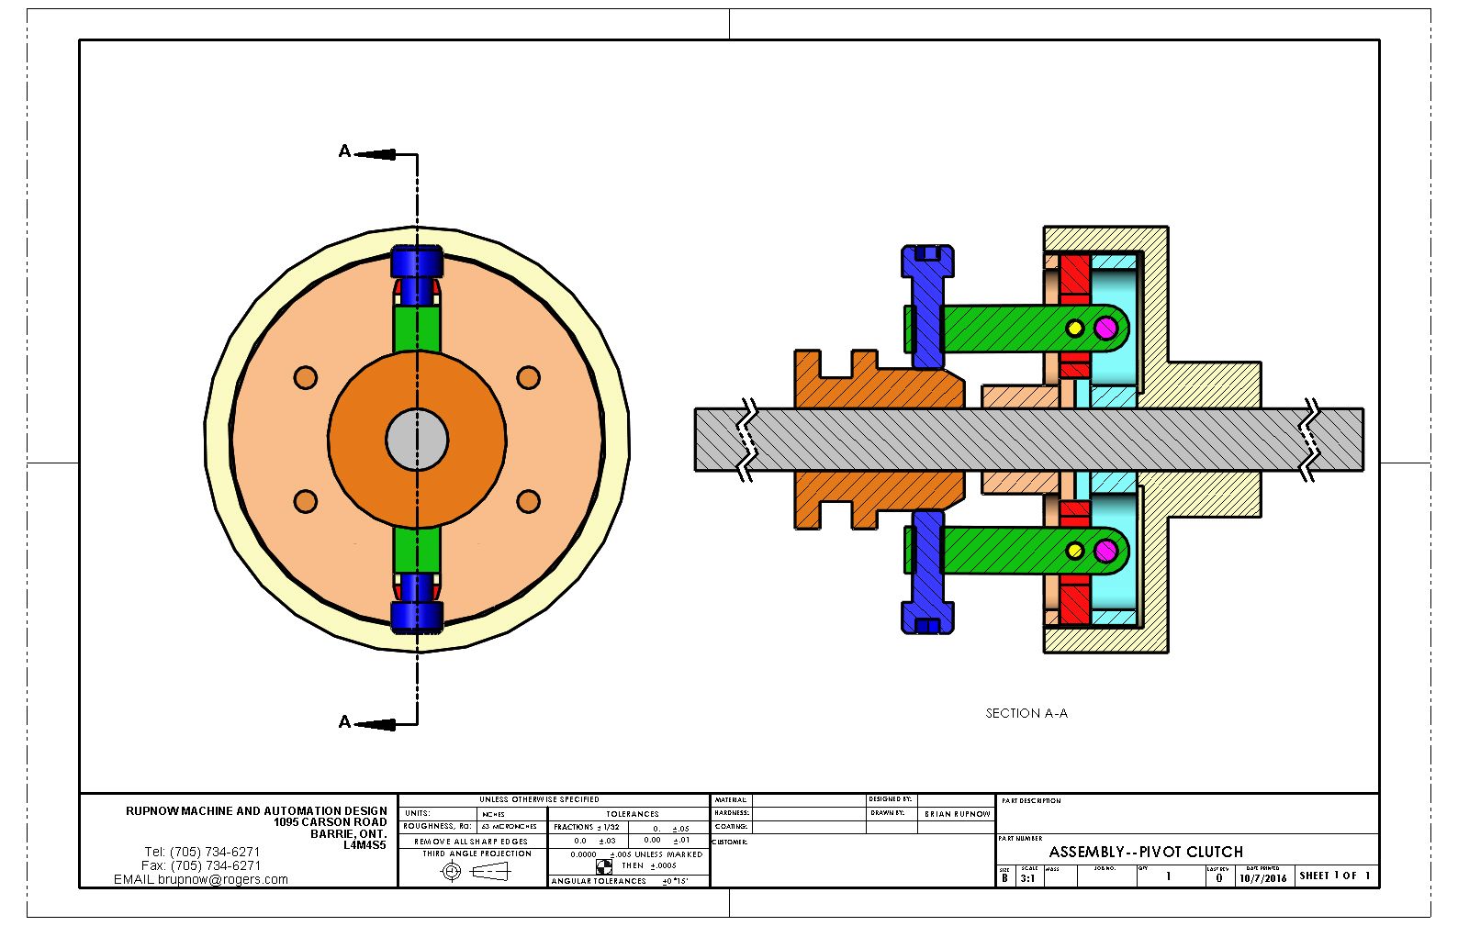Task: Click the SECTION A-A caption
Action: [1026, 713]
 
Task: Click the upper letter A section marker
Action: [344, 151]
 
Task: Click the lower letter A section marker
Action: [344, 722]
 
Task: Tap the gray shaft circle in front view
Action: [417, 440]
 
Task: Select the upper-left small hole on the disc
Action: [306, 378]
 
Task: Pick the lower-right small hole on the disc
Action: [528, 501]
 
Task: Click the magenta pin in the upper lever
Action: [1105, 328]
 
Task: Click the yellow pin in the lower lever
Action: [1074, 552]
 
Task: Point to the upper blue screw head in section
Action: [927, 261]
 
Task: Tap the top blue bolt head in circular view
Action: [417, 262]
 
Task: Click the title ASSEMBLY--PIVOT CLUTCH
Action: [1146, 852]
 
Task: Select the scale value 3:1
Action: [1027, 878]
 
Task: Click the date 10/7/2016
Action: [1262, 878]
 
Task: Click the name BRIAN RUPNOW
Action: [957, 814]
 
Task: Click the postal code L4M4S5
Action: [364, 845]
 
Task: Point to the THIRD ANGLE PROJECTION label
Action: [477, 853]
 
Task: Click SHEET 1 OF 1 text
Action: [1334, 876]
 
